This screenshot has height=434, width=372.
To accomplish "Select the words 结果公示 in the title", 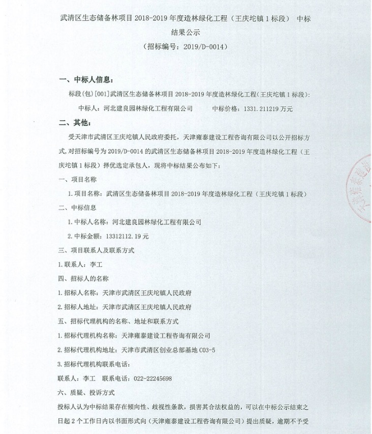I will (186, 32).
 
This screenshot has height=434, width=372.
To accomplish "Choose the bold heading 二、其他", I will (74, 123).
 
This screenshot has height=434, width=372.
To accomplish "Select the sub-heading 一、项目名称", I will (78, 180).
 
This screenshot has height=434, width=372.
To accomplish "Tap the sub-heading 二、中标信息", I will (78, 208).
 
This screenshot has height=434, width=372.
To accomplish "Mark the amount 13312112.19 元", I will (127, 236).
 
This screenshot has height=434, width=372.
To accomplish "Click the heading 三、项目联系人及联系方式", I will (96, 250).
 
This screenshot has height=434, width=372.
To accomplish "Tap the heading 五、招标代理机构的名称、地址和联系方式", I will (118, 322).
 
